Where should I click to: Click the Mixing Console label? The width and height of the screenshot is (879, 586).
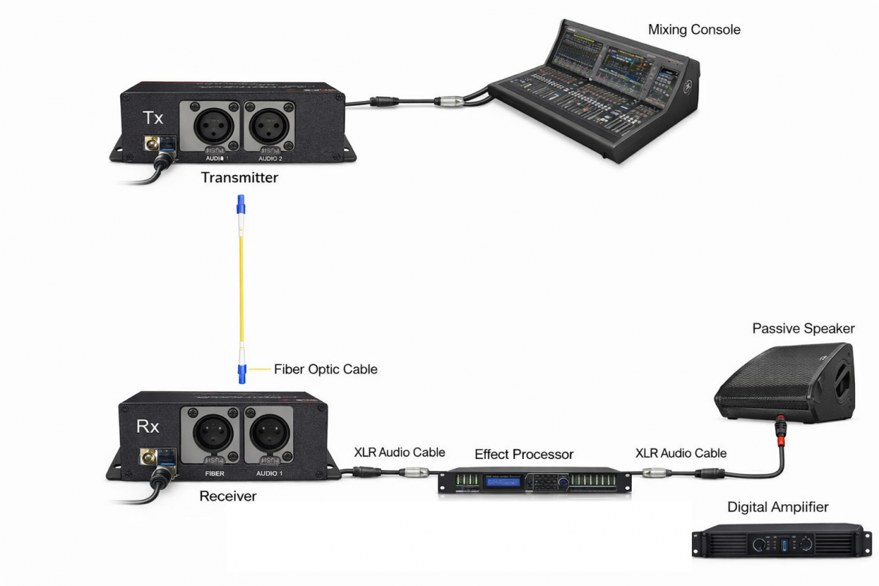point(693,30)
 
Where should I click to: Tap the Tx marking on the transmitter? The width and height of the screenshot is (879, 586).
point(153,119)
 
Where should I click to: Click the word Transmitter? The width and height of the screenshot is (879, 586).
point(239,178)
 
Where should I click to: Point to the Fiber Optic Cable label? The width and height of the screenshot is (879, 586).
point(325,370)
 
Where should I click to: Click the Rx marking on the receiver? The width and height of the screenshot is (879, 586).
point(147,427)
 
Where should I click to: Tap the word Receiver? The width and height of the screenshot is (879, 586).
point(228,496)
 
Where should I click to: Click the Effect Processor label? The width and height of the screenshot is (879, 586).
point(524,455)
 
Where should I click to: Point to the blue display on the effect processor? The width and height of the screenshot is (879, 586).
point(505,481)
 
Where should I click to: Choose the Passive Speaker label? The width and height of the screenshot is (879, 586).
point(803,329)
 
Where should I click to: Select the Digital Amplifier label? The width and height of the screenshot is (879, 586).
point(778,508)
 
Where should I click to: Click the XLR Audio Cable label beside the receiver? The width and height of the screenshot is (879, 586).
point(399,452)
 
